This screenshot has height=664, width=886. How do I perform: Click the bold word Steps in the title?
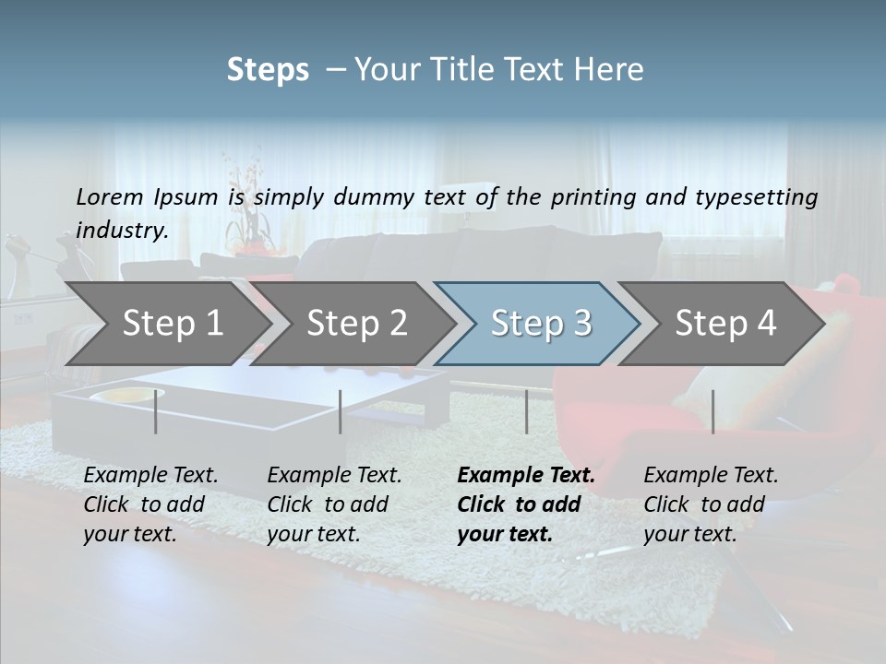(x=268, y=70)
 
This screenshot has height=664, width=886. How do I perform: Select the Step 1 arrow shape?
(x=166, y=324)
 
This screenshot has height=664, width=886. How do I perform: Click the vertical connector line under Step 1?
(x=155, y=411)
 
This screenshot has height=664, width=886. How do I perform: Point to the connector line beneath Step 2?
(x=341, y=411)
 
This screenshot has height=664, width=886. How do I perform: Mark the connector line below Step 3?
(x=526, y=411)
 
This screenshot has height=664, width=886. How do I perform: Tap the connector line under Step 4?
(x=712, y=411)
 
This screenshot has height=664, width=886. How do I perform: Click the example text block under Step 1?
(x=150, y=504)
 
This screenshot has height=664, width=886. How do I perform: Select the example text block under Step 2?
(x=334, y=504)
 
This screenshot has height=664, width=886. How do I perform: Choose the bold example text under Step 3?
(x=526, y=504)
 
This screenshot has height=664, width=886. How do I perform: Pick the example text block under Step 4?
(x=711, y=504)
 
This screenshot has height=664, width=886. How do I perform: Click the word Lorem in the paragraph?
(x=110, y=197)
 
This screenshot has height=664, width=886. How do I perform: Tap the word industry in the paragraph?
(x=122, y=231)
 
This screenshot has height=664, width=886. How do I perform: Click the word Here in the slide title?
(x=610, y=70)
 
